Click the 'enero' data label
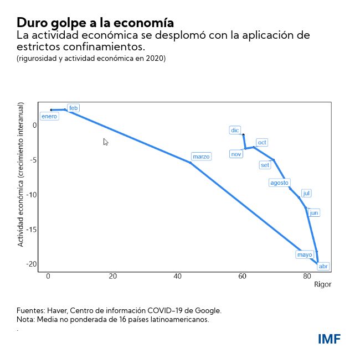[49, 116]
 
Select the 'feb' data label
[74, 108]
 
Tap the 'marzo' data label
[201, 157]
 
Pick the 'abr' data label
[323, 266]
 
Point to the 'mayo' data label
[305, 254]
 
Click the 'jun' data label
[314, 213]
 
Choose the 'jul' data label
[306, 193]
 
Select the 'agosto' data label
[279, 183]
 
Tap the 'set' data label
[265, 165]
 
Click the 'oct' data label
[262, 143]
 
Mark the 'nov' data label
[236, 154]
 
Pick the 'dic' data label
[235, 131]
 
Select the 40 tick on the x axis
[178, 277]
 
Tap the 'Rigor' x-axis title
[322, 284]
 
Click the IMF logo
[329, 339]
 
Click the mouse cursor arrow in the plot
[105, 142]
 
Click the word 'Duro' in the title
[31, 23]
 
